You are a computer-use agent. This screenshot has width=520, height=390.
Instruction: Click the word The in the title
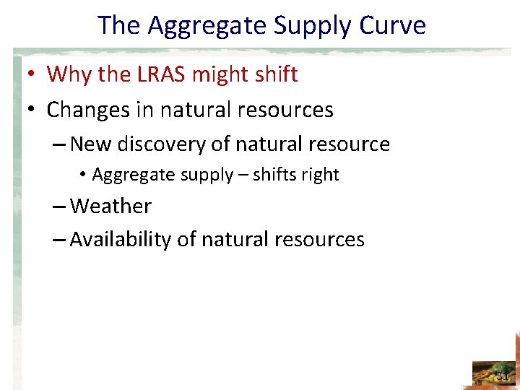[120, 25]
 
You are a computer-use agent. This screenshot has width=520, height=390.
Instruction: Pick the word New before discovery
[91, 144]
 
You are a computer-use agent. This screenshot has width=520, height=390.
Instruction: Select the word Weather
[110, 206]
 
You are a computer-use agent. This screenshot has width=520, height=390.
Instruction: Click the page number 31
[502, 376]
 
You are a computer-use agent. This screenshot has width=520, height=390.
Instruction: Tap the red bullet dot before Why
[34, 74]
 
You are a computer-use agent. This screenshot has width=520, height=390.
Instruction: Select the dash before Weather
[60, 207]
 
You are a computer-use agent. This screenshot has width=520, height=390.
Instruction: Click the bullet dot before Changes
[34, 110]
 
